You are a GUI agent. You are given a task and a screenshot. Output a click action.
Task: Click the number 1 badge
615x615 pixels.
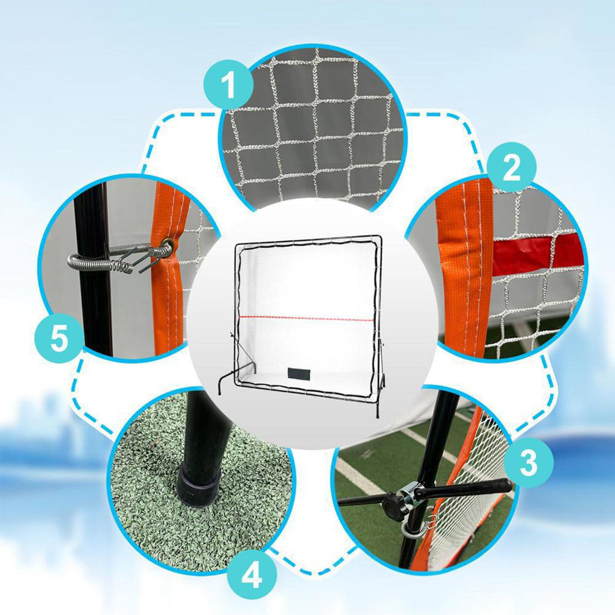click(x=228, y=84)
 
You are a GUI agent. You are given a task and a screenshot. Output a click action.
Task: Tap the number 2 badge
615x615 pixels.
click(x=512, y=167)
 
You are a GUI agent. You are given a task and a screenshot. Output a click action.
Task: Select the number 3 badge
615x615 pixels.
click(x=529, y=462)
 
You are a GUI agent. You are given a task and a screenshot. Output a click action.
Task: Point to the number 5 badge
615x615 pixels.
click(x=59, y=338)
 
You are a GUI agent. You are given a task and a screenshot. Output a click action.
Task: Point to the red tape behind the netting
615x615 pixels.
click(x=535, y=254)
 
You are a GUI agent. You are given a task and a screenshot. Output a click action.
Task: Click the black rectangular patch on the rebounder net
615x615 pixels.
click(x=298, y=373)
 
